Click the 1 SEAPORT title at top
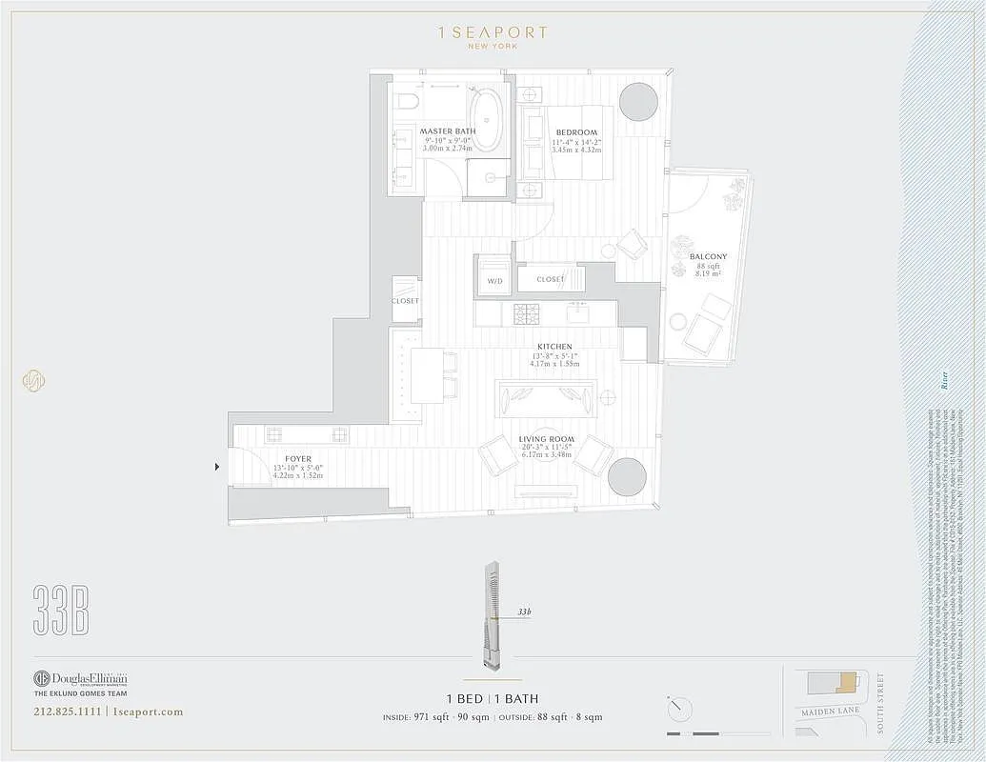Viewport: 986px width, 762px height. [492, 32]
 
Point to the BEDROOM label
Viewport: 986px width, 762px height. [576, 132]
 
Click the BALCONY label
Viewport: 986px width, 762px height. [708, 256]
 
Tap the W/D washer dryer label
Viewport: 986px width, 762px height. [494, 281]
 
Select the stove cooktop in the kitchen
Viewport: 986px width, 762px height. [527, 312]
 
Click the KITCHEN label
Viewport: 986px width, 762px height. [554, 347]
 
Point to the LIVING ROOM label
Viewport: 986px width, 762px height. [546, 439]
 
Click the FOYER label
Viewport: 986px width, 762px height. [298, 459]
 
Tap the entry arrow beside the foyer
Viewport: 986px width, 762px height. [218, 467]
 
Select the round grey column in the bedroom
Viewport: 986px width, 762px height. [638, 101]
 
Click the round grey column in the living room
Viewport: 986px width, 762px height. [627, 476]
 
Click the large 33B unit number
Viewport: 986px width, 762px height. [61, 610]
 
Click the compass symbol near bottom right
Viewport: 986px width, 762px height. [680, 709]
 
